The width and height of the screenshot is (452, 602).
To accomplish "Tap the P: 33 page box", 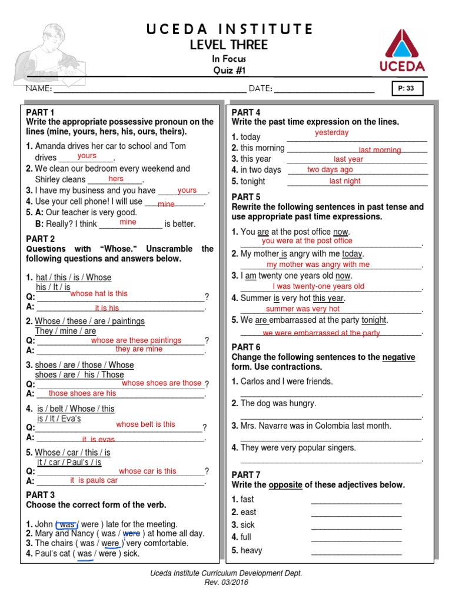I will pos(406,89).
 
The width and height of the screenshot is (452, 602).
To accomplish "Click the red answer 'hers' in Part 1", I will pos(116,179).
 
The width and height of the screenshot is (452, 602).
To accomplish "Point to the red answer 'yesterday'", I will pos(331,133).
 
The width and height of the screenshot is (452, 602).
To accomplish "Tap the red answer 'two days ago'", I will pos(330,170).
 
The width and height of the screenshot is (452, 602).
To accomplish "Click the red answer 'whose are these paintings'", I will pos(136,340).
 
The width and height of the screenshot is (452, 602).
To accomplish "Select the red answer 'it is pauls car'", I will pos(94,480).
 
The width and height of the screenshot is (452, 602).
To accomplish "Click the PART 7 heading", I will pos(246,475).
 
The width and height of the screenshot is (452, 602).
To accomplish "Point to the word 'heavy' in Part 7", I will pos(251,551).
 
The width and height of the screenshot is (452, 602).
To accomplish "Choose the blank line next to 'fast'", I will pos(356,500).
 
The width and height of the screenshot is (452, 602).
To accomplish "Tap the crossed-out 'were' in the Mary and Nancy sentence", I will pos(131,534).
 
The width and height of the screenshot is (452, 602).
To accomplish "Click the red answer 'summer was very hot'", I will pos(303,309).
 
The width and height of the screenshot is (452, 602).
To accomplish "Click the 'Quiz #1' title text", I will pos(230,71).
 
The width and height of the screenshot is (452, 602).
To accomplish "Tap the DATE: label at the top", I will pos(260,89).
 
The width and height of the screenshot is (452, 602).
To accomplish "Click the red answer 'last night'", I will pos(345,181).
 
